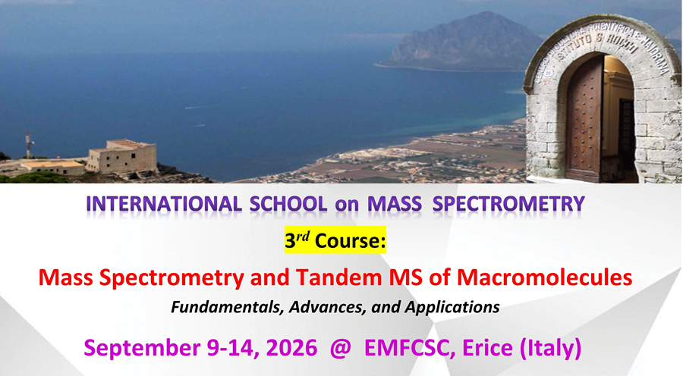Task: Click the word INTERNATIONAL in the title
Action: (164, 204)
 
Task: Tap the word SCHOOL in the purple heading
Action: (288, 204)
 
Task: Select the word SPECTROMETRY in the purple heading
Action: (508, 204)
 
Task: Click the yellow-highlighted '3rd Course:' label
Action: (335, 240)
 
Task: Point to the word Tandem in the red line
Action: (334, 277)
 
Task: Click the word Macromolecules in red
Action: (544, 277)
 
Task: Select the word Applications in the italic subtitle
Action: (452, 308)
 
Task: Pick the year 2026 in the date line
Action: (291, 348)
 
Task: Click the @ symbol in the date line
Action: (340, 348)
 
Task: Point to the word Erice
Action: (487, 348)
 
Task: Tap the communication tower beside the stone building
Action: (29, 145)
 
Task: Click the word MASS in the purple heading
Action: (395, 204)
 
